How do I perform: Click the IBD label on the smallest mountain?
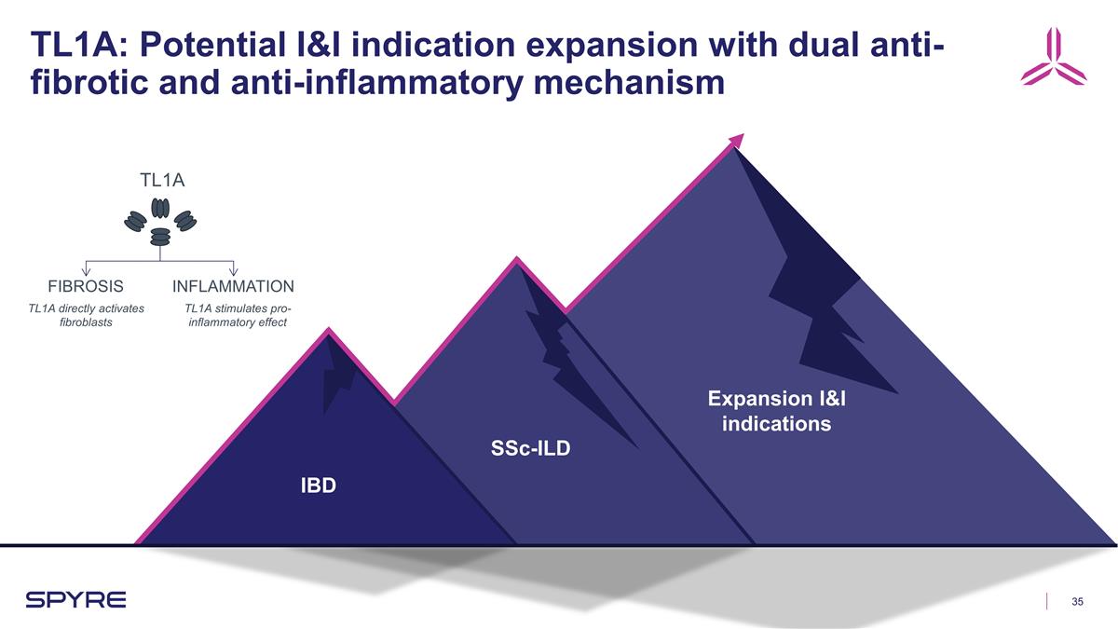(318, 485)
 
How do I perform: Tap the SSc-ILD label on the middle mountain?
(530, 449)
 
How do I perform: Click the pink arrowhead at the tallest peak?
(737, 140)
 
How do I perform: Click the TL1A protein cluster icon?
(161, 222)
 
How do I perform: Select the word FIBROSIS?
(86, 286)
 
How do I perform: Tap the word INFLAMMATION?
(234, 286)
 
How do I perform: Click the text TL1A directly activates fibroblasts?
(86, 316)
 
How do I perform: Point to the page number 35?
(1079, 601)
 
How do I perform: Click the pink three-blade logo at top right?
(1053, 58)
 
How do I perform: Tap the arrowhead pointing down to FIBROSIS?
(86, 271)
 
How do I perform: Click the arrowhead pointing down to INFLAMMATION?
(234, 271)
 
